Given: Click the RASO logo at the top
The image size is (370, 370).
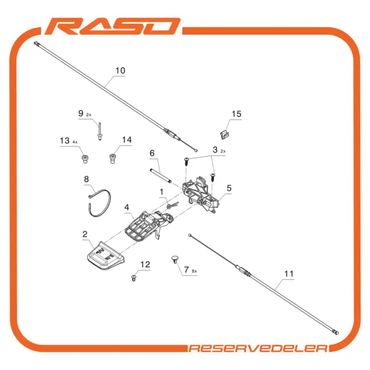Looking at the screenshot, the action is coord(113,26).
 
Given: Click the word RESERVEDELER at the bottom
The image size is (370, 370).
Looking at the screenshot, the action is coord(258,348).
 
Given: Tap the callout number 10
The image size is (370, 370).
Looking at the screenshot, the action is coord(120,71).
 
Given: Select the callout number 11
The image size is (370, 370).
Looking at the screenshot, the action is coord(289,273).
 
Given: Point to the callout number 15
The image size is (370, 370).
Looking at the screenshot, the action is coord(236,114).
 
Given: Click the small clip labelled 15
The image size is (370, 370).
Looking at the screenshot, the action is coord(225,135).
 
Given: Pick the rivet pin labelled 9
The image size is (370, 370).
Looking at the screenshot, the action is coord(100,131).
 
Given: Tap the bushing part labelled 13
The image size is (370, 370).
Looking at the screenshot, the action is coord(85,159).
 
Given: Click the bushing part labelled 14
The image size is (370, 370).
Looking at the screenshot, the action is coord(113,158).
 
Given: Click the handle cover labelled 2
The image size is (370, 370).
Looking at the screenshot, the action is coord(105,256).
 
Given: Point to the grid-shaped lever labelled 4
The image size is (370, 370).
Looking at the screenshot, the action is coord(149,225).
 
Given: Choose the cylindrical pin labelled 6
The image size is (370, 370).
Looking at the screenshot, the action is coord(160,176).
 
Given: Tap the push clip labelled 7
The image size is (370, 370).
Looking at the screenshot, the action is coord(175,259).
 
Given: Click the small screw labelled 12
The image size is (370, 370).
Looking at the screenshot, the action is coord(134,278).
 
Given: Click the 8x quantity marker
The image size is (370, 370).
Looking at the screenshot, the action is coord(194,271).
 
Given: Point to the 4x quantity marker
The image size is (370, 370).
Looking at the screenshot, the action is coord(75,142).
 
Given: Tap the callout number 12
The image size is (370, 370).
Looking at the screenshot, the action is coord(145,264).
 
